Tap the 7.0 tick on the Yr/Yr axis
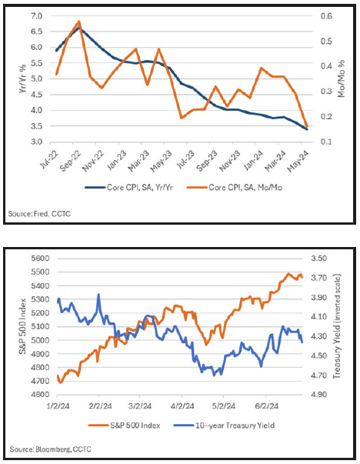pos(37,15)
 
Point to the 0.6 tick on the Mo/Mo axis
pos(326,15)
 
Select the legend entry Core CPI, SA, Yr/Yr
pos(128,187)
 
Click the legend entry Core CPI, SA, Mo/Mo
pos(235,187)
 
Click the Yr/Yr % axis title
pos(22,78)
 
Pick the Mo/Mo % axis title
pos(342,78)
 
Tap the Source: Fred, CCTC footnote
pos(39,213)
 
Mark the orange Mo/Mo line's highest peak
pos(78,22)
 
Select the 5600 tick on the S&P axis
pos(40,259)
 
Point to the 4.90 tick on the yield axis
pos(318,395)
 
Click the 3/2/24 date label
pos(141,406)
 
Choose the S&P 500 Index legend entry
pos(125,426)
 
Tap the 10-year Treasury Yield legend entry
pos(224,426)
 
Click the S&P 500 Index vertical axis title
pos(22,326)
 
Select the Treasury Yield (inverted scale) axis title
pos(337,326)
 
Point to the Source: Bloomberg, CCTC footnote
pos(50,449)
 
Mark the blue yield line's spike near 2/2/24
pos(98,295)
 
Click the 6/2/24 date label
pos(267,406)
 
